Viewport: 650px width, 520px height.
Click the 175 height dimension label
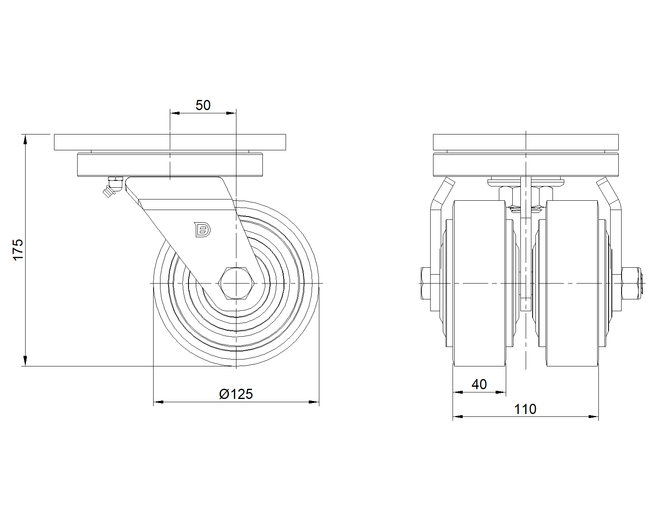pos(18,249)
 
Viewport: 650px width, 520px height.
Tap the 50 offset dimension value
pos(203,105)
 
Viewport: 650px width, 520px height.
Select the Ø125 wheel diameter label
pos(236,394)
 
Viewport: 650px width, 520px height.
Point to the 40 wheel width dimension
pos(479,384)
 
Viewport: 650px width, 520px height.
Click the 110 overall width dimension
pos(525,409)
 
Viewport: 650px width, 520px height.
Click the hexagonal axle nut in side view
pos(236,283)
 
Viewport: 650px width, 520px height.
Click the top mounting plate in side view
pos(170,142)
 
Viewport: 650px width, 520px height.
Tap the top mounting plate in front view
pos(526,142)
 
